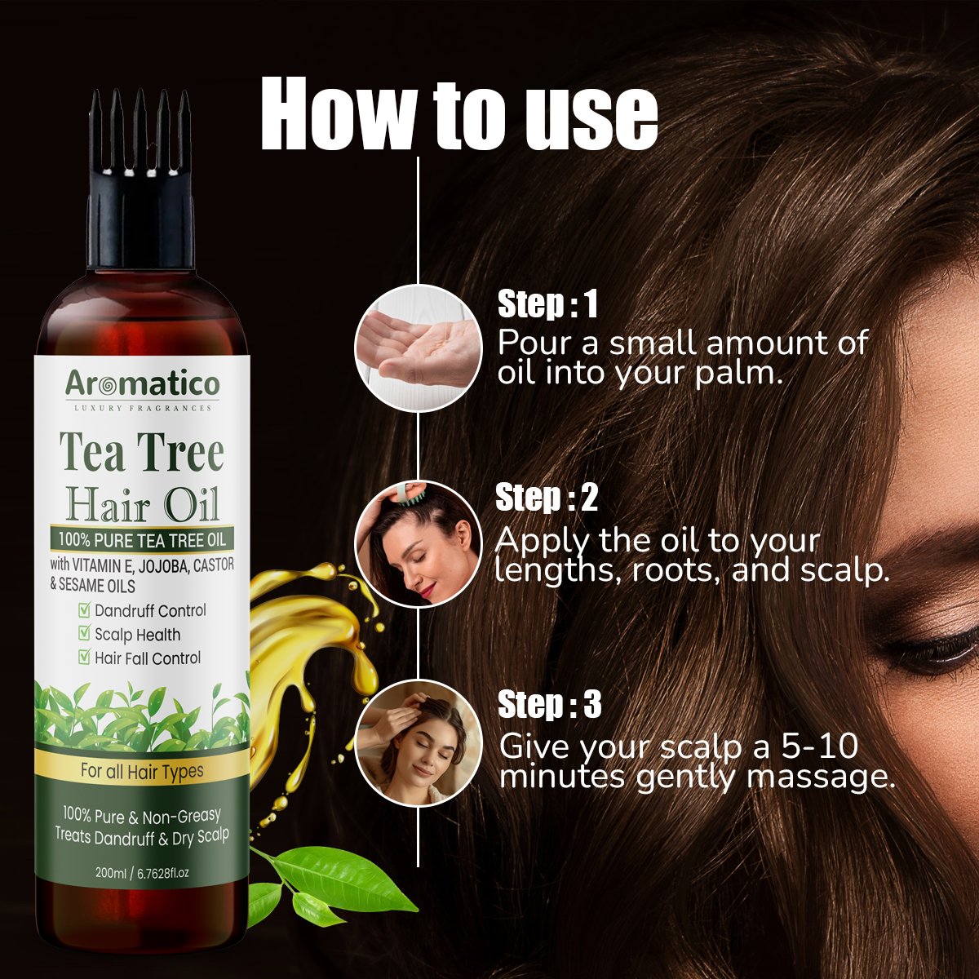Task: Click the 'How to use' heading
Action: point(459,113)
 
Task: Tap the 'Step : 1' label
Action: point(547,304)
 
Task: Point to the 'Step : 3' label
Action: point(549,704)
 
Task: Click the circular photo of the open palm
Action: point(419,348)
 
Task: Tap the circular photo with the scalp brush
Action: point(419,544)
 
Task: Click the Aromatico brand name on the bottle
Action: point(142,384)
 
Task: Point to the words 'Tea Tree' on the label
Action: point(142,453)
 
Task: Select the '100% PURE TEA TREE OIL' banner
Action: point(142,539)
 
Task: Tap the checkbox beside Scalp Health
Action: point(84,634)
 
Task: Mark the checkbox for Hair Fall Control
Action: point(84,658)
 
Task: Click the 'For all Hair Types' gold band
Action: point(142,772)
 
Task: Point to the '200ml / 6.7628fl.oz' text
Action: point(142,873)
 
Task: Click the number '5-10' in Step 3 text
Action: point(820,746)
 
